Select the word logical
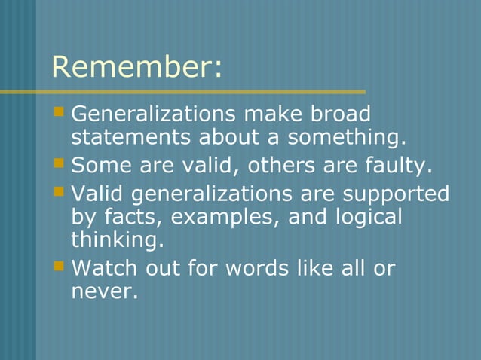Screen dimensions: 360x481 point(364,217)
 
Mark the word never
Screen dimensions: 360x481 point(104,291)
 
